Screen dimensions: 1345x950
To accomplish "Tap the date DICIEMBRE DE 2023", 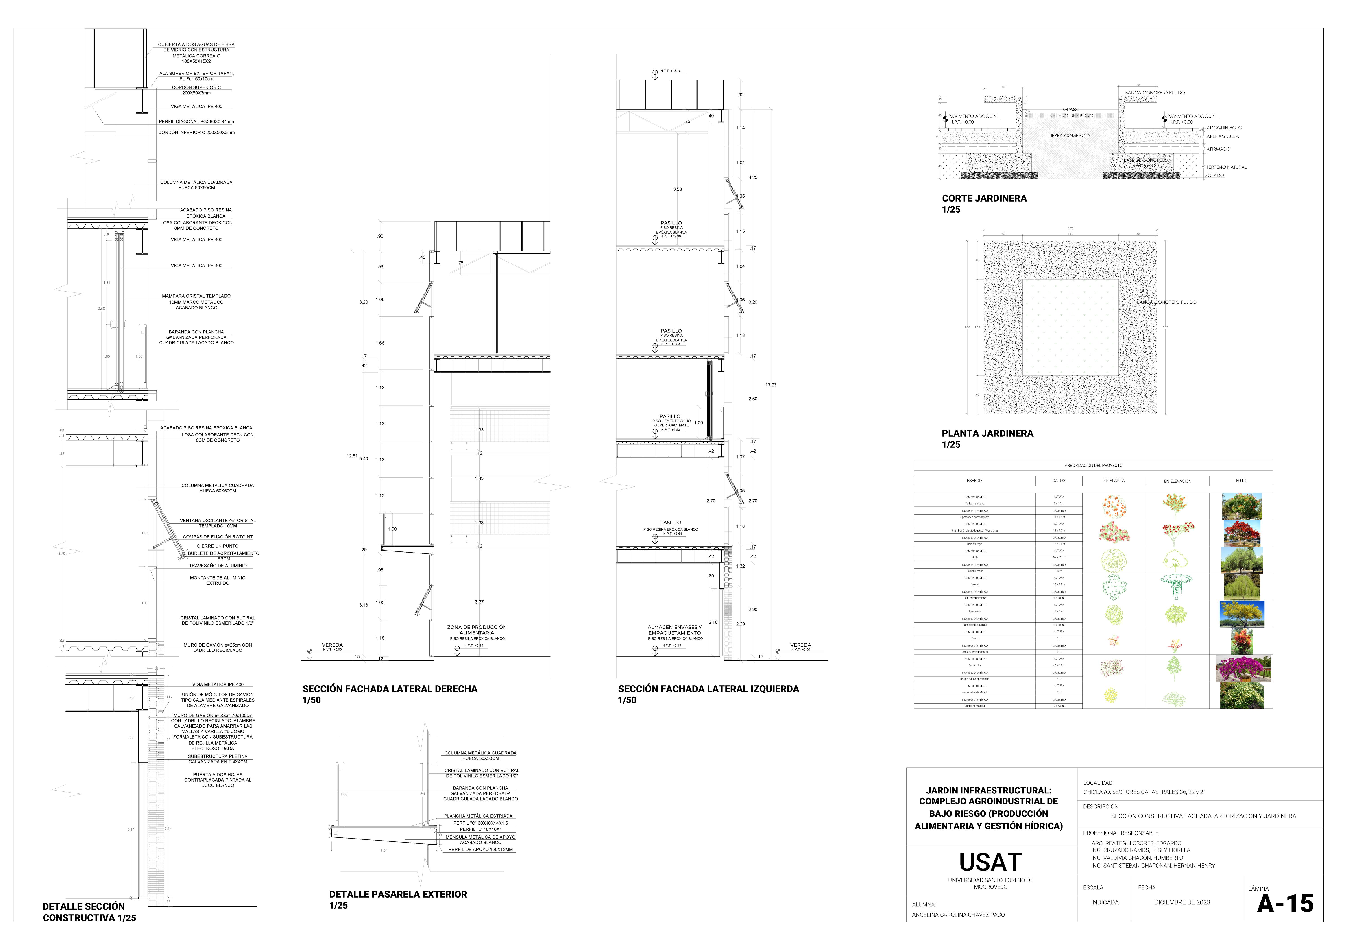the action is point(1182,902).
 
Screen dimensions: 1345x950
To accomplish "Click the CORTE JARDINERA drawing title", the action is point(984,198).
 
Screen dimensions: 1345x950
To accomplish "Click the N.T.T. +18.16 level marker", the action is point(670,71).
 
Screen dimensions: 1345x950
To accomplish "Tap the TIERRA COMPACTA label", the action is point(1069,136).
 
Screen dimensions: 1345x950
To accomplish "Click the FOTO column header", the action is point(1241,481).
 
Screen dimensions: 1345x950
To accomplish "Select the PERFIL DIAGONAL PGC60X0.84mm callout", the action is point(196,122).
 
